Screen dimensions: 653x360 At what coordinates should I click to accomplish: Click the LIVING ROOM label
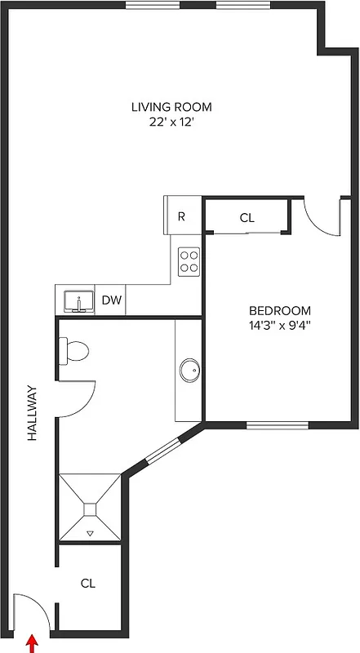171,107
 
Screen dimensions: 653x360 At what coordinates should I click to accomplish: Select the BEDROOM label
280,310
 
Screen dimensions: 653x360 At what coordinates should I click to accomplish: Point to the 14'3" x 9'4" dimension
280,325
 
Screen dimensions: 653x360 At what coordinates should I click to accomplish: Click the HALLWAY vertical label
33,413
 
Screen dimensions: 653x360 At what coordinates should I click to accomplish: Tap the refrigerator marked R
182,217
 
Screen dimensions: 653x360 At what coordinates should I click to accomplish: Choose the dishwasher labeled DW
112,300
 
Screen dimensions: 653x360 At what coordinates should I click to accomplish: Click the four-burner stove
190,260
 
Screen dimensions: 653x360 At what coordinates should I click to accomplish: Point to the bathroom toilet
73,351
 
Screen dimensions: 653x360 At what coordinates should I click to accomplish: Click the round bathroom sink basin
189,369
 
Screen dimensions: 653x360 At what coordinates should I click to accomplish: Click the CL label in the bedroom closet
247,218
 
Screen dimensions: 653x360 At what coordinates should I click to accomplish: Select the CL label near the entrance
88,584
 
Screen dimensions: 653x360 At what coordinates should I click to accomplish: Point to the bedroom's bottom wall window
277,424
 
